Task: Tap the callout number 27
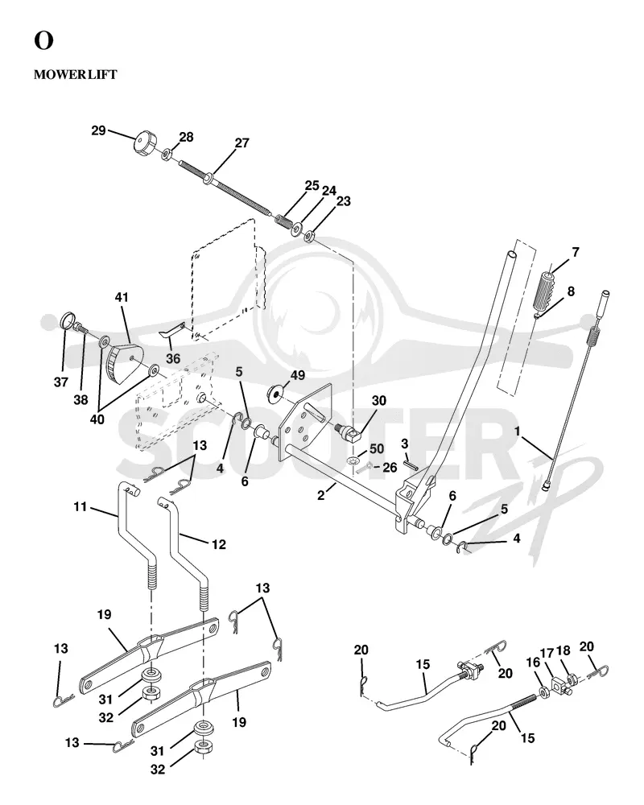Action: coord(242,142)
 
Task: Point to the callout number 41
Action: coord(122,297)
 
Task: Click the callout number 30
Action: coord(379,400)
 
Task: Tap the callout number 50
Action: coord(377,448)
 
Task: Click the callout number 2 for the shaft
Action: coord(321,495)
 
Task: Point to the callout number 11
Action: coord(80,507)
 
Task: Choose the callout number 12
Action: coord(219,544)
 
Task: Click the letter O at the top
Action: coord(43,40)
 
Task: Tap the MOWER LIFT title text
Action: coord(76,74)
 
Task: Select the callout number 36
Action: coord(173,358)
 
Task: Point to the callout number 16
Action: coord(533,663)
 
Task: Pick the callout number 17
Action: coord(547,653)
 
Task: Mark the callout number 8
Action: coord(571,291)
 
